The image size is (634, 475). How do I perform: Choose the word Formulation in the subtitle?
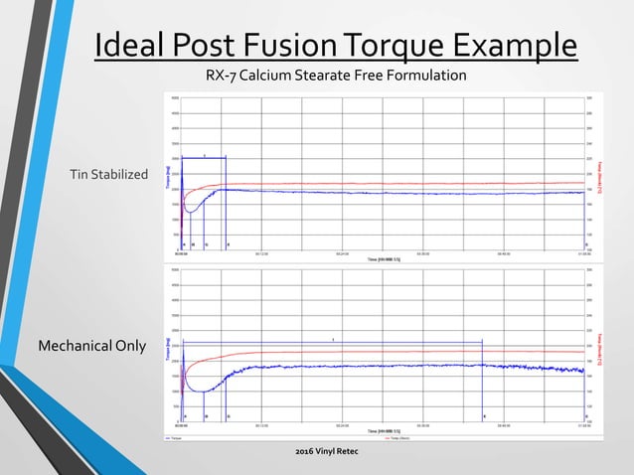[435, 76]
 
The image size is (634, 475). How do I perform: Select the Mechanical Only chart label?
[91, 346]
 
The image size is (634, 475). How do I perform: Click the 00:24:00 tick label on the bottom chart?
[342, 424]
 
